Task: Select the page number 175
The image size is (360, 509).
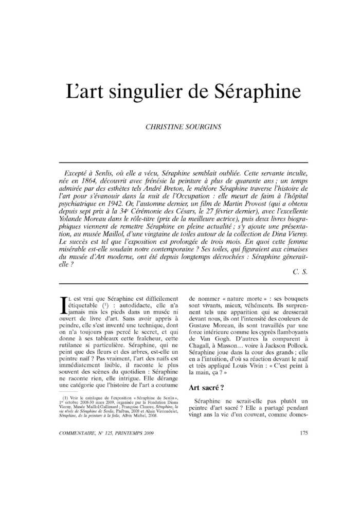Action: click(303, 432)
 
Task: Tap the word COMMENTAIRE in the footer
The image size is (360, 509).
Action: click(76, 432)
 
